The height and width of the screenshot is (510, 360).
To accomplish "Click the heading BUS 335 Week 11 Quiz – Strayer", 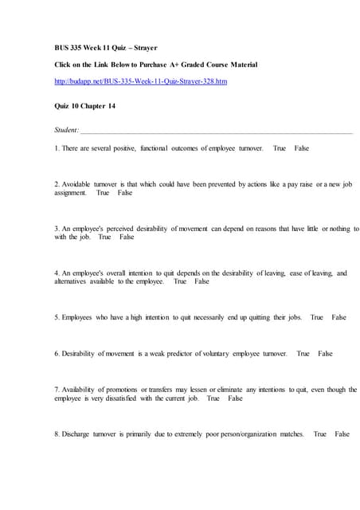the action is click(112, 47).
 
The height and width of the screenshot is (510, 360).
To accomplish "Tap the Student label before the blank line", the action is click(67, 130).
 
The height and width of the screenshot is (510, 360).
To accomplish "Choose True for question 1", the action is click(279, 148).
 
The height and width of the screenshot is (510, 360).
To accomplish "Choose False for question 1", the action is click(302, 148).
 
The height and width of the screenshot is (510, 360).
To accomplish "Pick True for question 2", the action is click(103, 193).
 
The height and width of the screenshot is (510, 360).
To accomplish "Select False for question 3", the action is click(127, 237).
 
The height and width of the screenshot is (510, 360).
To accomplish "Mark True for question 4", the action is click(180, 281).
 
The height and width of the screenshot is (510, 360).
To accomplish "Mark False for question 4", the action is click(202, 281).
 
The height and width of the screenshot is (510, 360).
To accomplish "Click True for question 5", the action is click(317, 317).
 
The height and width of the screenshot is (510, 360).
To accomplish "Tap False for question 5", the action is click(339, 317).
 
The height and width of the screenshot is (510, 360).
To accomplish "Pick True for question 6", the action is click(303, 353).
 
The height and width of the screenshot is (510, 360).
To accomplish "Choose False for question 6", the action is click(325, 353).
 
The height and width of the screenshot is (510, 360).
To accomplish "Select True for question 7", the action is click(213, 398).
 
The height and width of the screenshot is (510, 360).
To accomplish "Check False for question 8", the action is click(342, 434).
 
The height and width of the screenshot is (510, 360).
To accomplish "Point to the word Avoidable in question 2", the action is click(78, 184).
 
